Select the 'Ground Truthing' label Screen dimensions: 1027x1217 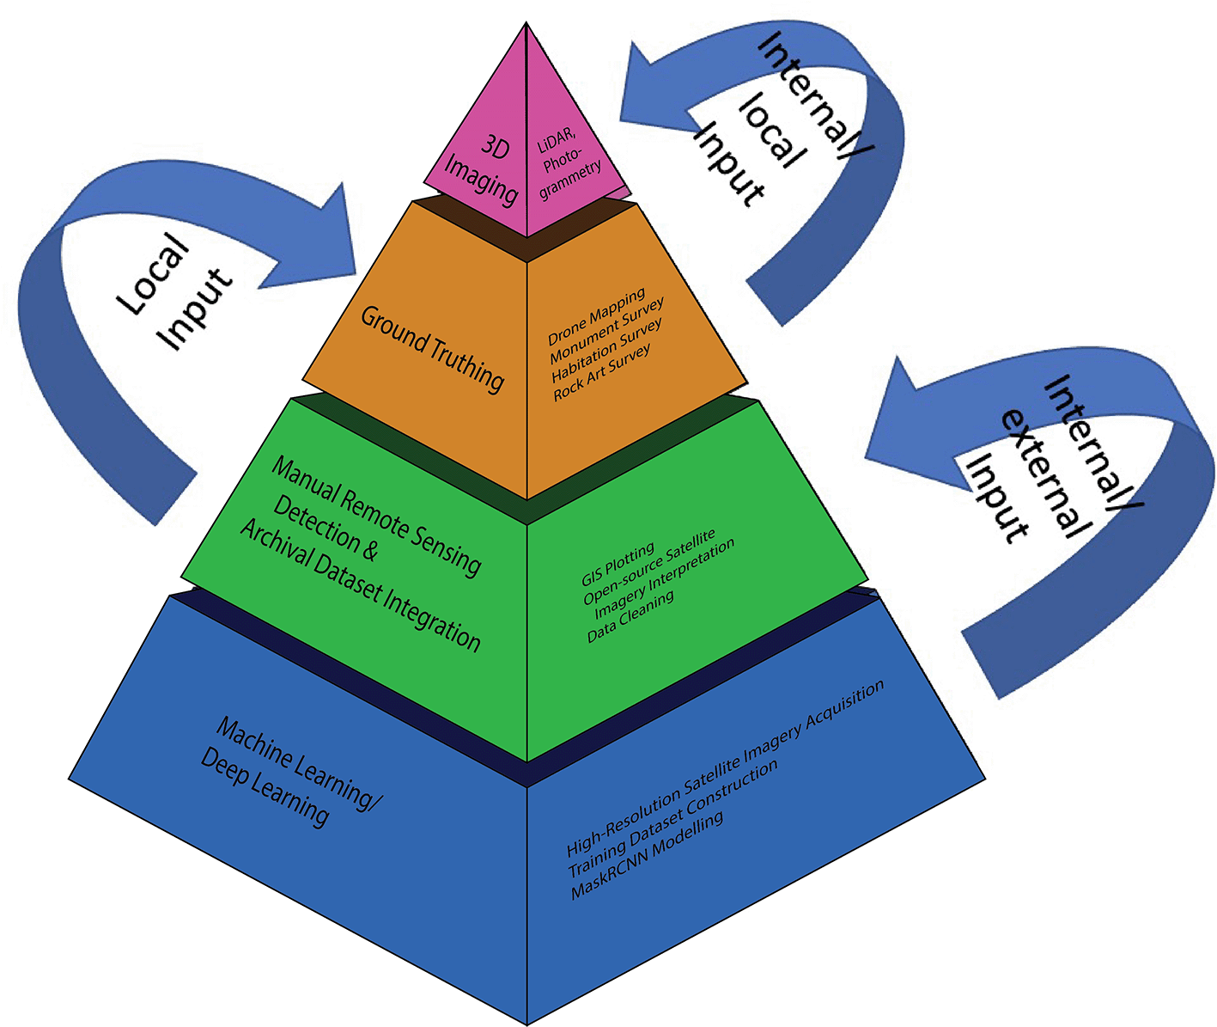click(x=432, y=349)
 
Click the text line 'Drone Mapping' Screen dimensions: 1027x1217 click(x=596, y=317)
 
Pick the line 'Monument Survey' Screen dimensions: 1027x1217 click(x=606, y=332)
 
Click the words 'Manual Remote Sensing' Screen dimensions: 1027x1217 click(x=376, y=516)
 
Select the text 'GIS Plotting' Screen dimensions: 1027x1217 click(x=618, y=564)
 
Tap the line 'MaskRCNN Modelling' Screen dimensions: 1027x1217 click(x=647, y=856)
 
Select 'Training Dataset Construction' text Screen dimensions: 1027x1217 click(x=672, y=820)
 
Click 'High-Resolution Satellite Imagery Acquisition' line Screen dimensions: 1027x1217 click(x=725, y=768)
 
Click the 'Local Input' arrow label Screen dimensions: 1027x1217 click(x=174, y=292)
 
